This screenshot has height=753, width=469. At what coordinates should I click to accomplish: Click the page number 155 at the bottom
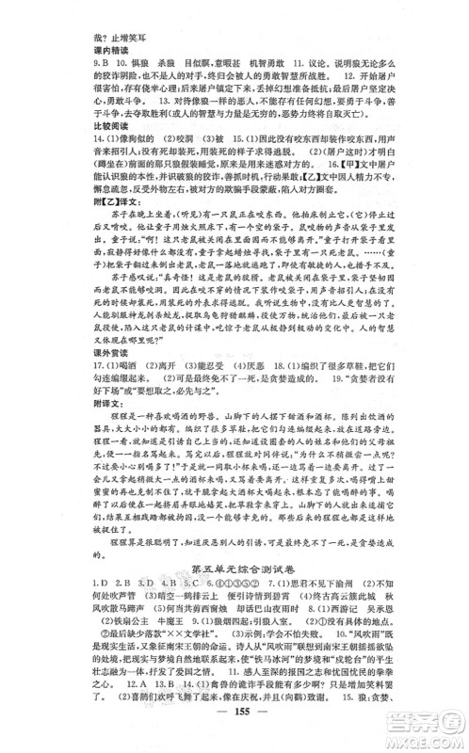(x=234, y=735)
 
